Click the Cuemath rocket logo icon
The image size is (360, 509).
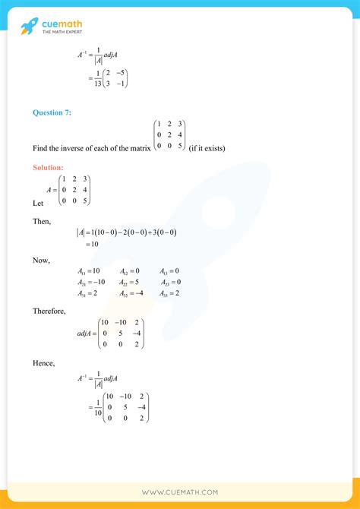coord(30,28)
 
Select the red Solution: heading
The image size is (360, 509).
coord(49,167)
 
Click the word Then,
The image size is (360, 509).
coord(42,220)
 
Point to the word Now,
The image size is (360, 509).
coord(41,261)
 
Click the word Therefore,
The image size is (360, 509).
coord(48,311)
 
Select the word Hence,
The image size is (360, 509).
coord(44,363)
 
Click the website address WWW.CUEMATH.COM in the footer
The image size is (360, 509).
coord(180,492)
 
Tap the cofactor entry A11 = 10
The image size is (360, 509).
coord(89,271)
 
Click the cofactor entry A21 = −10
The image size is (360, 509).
coord(91,283)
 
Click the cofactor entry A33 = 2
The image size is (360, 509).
coord(170,293)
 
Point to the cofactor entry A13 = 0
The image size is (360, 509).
coord(170,271)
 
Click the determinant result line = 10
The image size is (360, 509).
coord(88,244)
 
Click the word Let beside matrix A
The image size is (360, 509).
coord(39,204)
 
